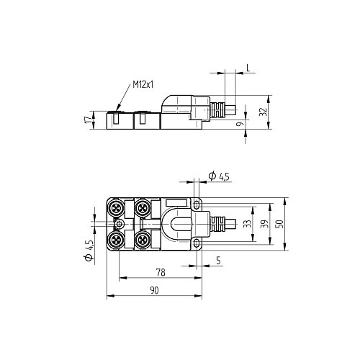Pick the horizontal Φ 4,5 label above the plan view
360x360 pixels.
(218, 176)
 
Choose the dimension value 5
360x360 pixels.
(218, 262)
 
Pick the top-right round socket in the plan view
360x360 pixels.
(142, 209)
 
